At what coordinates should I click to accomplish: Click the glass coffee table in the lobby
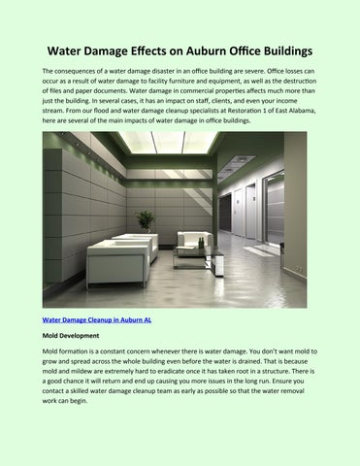coord(198,258)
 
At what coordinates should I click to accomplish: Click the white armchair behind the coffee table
coord(194,240)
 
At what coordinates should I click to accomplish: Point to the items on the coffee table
coord(197,250)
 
